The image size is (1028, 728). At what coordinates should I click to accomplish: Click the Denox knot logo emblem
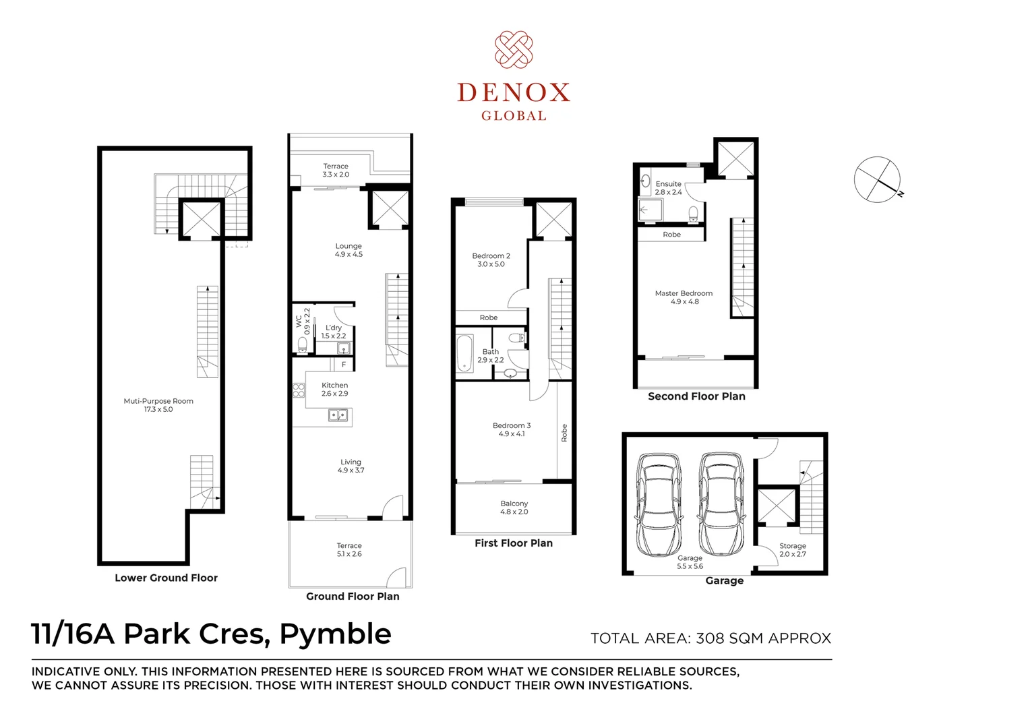point(514,49)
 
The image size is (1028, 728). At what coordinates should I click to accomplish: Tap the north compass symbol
point(877,179)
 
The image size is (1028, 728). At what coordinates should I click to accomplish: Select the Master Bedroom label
point(684,297)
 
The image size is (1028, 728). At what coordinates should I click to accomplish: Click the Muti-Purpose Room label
point(158,405)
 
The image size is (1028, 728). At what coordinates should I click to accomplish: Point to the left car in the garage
point(658,504)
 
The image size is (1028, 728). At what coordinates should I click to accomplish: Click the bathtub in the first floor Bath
point(464,353)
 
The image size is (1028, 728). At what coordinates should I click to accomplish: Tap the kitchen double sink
point(338,415)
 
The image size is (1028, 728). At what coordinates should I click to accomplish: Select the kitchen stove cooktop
point(299,390)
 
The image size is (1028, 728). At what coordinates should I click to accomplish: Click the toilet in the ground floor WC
point(302,345)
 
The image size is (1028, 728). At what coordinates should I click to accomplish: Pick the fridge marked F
point(344,365)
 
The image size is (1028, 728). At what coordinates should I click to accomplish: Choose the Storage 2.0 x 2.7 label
point(793,550)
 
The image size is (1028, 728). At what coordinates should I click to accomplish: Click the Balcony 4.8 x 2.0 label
point(514,508)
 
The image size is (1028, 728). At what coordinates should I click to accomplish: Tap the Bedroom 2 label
point(491,260)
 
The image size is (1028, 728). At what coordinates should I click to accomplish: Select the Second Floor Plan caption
point(696,396)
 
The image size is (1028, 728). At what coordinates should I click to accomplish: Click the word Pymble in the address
point(335,634)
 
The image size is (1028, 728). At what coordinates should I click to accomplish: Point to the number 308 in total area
point(710,638)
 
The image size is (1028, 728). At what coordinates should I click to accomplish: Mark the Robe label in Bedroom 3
point(564,433)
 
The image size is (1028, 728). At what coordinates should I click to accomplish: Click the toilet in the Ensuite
point(692,214)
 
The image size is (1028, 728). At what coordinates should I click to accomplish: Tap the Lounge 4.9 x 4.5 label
point(349,250)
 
